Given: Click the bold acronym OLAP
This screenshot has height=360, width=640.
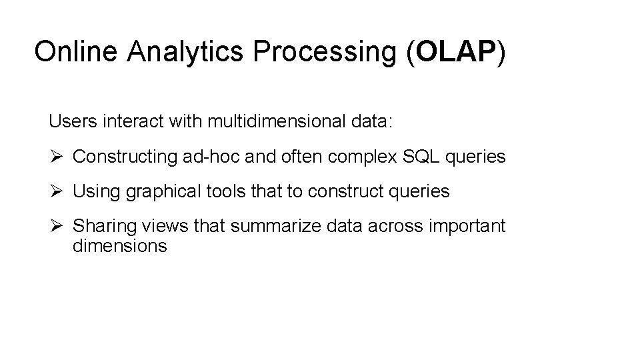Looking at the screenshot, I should [454, 51].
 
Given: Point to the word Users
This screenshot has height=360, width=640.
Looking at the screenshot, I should [69, 122].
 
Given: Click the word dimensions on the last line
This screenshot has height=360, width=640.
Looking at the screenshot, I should [120, 245].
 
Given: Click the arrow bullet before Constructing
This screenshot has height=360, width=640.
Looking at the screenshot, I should [56, 157].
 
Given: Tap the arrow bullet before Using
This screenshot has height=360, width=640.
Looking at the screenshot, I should [56, 192].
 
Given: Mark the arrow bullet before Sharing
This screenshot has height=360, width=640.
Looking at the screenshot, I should [56, 227].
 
